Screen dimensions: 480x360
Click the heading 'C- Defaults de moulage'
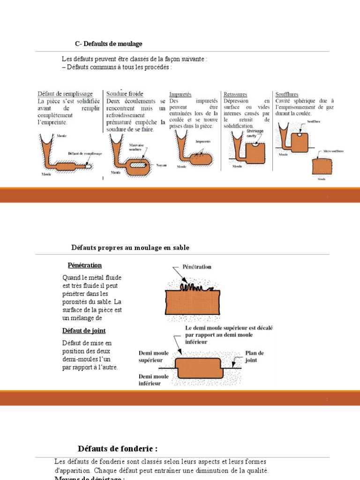click(x=108, y=44)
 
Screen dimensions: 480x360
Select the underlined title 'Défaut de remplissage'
click(x=65, y=94)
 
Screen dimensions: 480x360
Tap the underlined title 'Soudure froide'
click(x=125, y=94)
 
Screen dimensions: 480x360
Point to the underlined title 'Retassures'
click(x=235, y=94)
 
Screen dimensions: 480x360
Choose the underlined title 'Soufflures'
click(x=287, y=94)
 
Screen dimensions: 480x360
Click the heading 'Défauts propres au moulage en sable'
click(x=130, y=247)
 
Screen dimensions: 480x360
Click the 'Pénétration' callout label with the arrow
click(x=193, y=267)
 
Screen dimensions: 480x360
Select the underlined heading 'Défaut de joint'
click(x=84, y=331)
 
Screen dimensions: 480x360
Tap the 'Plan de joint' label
click(x=255, y=356)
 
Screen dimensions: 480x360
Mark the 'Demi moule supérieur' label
click(x=154, y=356)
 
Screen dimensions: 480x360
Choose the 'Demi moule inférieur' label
click(x=154, y=380)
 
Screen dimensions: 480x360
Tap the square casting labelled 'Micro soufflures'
click(x=322, y=165)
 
